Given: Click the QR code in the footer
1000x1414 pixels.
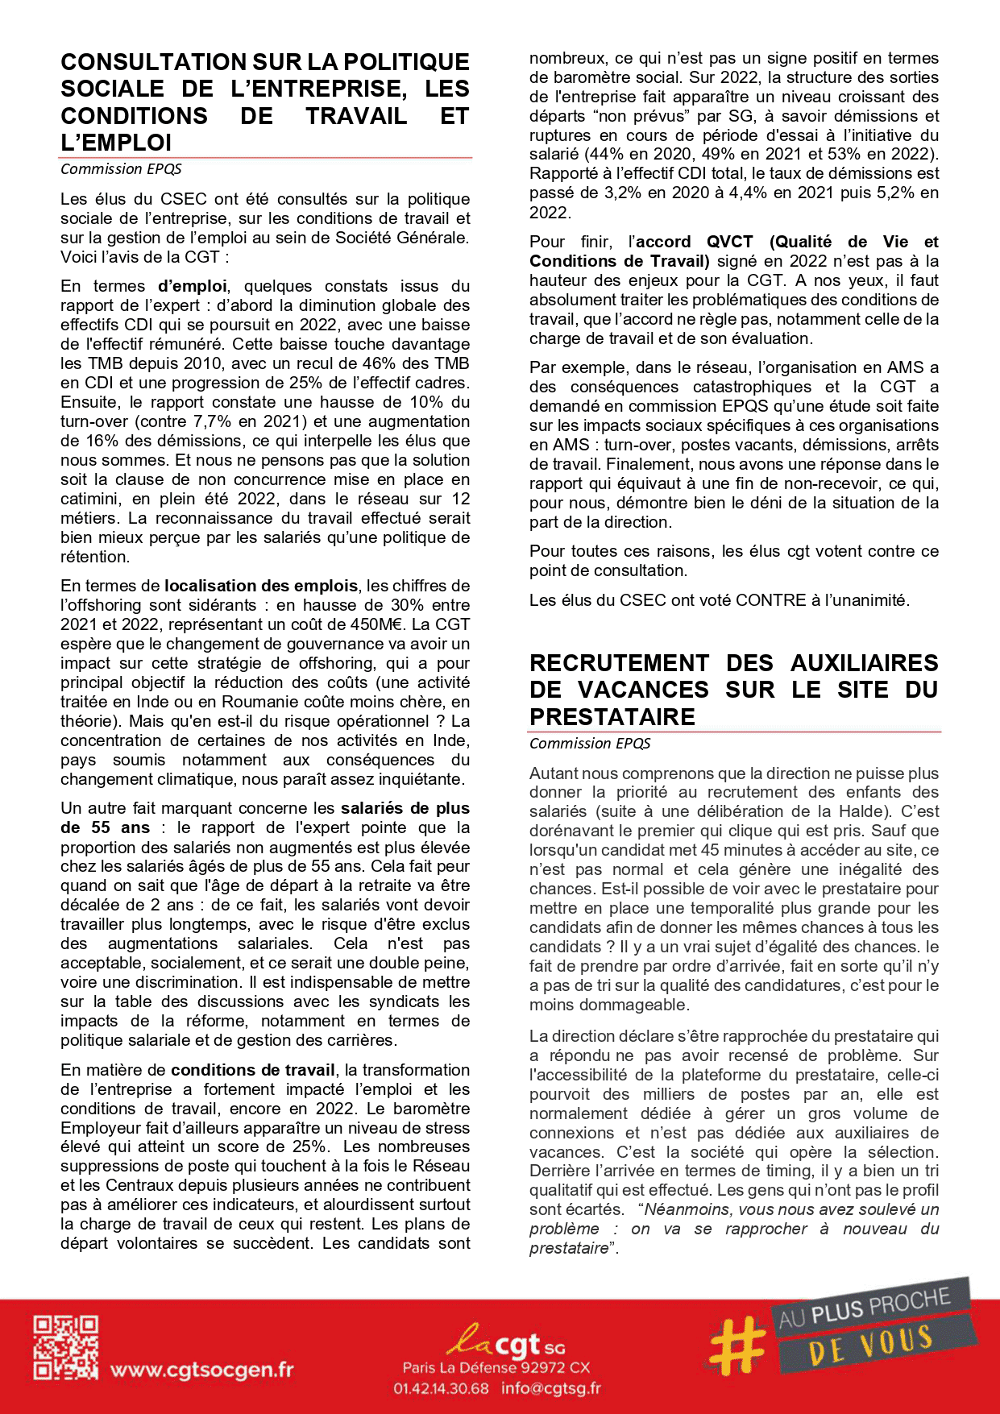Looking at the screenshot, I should pos(65,1348).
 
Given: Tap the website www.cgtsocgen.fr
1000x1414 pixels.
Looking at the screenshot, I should pos(201,1370).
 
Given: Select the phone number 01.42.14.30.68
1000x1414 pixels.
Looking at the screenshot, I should pos(441,1388).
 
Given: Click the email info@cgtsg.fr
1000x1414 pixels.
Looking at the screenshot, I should pos(550,1388).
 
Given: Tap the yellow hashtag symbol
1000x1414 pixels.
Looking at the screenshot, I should pos(737,1346).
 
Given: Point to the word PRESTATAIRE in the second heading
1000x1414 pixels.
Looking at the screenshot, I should pos(612,716).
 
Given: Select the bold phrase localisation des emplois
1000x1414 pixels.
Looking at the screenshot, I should pos(261,586).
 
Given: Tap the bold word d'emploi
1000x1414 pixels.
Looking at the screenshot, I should pos(193,286).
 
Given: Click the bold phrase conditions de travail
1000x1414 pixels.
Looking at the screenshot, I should pos(253,1070).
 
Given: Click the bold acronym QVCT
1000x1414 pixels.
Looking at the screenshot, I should pos(729,242).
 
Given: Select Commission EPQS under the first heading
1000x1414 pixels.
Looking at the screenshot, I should pos(121,169).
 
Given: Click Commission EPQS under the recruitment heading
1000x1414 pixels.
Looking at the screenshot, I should pos(590,744).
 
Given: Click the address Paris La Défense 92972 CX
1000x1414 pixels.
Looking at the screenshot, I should pos(496,1367).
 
